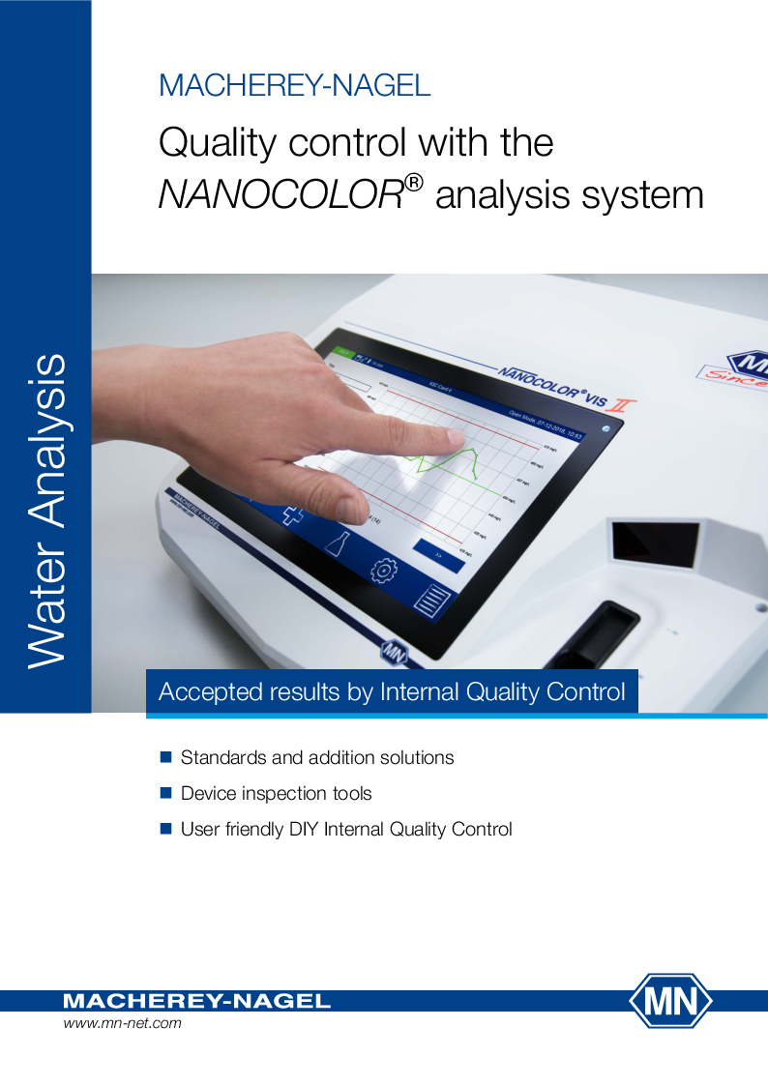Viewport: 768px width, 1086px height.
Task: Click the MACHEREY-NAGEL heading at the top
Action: (294, 85)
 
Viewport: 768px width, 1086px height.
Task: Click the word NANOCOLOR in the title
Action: (281, 195)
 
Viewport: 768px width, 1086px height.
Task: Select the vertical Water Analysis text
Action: (46, 511)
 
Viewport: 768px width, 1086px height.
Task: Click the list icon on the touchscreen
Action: (431, 599)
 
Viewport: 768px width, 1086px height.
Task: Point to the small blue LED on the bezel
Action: (606, 427)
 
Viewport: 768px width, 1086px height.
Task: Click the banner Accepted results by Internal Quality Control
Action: (392, 692)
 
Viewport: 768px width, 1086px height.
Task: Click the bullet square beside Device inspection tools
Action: (164, 793)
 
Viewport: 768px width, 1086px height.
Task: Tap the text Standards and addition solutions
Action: (317, 757)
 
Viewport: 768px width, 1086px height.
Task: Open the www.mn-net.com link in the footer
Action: (122, 1023)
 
